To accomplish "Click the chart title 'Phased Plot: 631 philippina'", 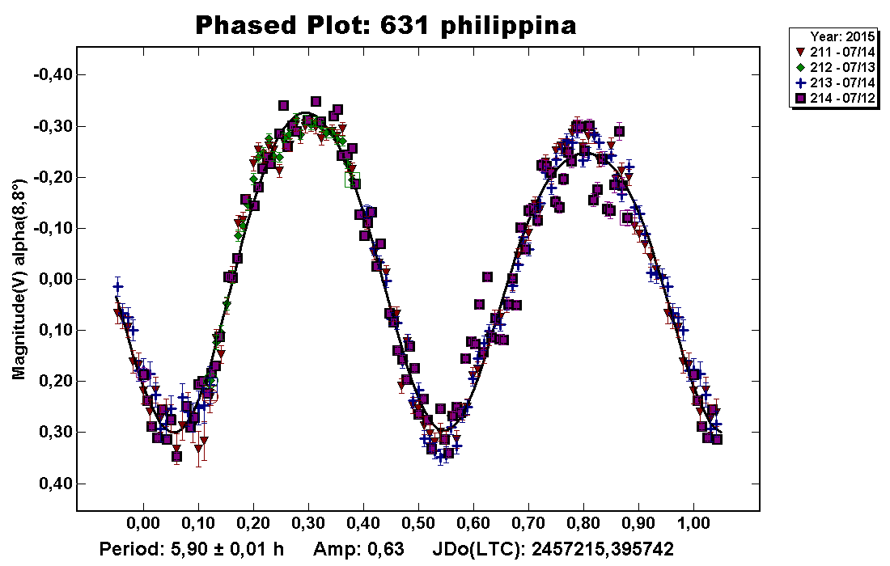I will [x=386, y=26].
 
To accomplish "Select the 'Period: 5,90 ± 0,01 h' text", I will [x=192, y=550].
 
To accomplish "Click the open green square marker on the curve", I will [x=352, y=180].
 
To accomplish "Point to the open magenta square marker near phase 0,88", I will [x=627, y=217].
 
